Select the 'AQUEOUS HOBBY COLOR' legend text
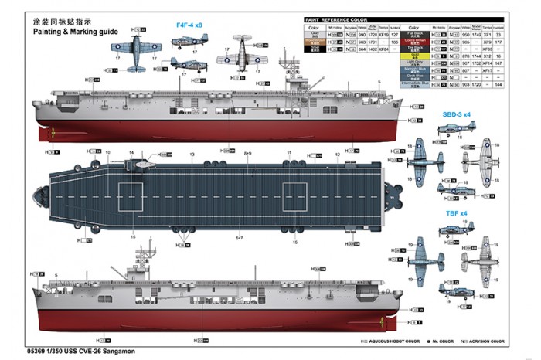(396, 341)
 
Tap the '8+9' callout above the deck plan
(248, 154)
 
